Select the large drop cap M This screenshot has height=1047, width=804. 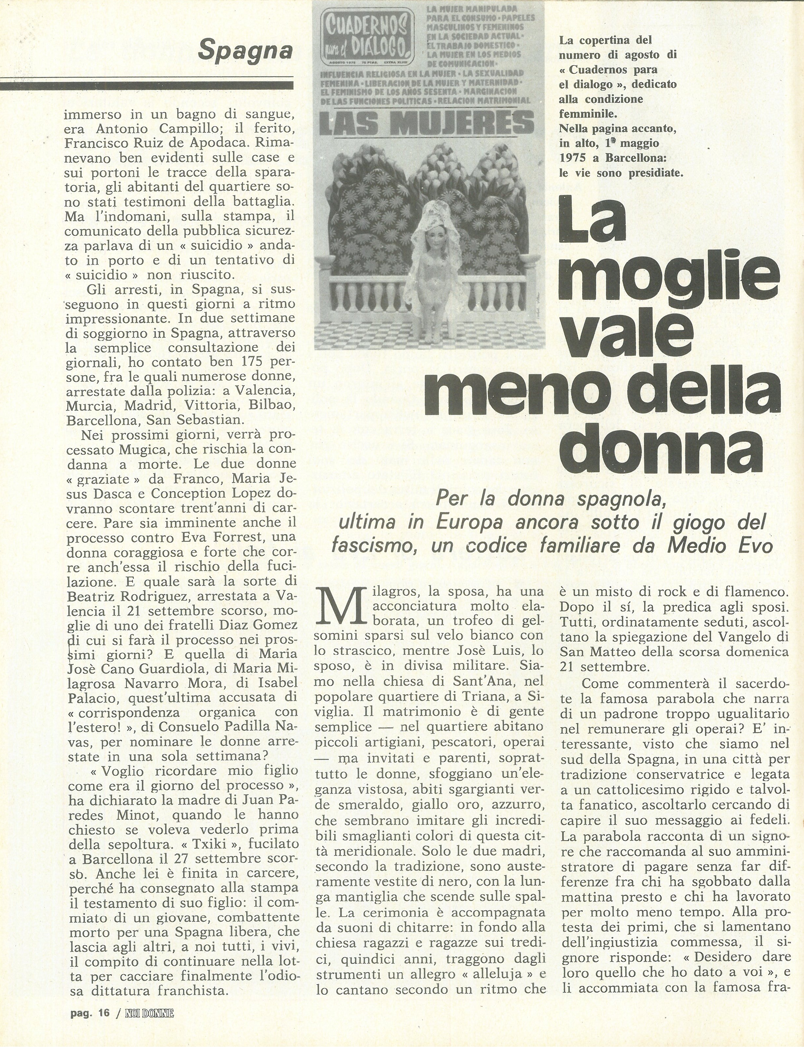tap(336, 609)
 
